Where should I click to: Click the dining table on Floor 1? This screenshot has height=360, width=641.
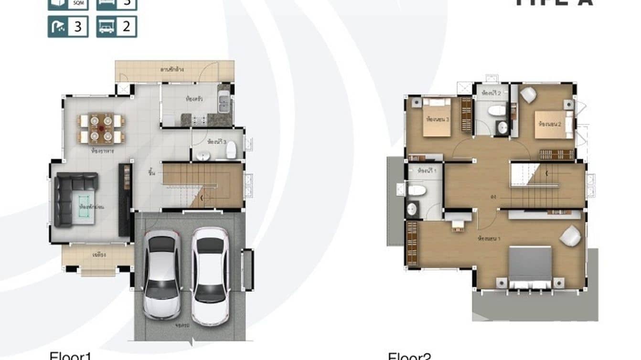tap(101, 128)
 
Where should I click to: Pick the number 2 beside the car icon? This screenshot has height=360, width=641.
tap(126, 27)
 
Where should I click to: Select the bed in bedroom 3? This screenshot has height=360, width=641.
tap(437, 116)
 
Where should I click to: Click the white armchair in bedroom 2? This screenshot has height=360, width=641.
tap(528, 95)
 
